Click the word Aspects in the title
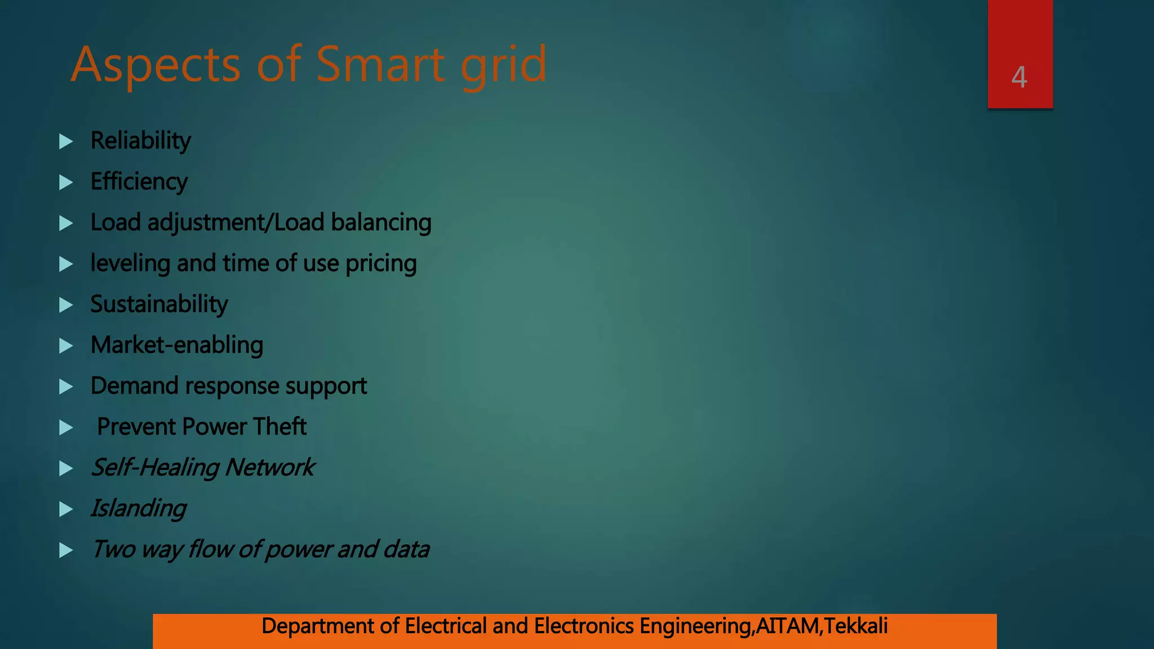[156, 65]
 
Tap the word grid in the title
[503, 65]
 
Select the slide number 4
[1019, 77]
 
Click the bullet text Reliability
[141, 141]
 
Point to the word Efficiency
[139, 182]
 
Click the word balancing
[381, 223]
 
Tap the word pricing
[381, 264]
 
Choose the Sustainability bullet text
[159, 304]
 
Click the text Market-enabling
[177, 345]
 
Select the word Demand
[134, 386]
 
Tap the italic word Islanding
[139, 509]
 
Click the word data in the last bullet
[406, 549]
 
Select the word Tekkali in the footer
[856, 626]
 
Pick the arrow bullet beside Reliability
[66, 141]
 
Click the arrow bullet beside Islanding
[66, 509]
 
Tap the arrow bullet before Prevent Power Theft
[66, 428]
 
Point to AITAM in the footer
[787, 626]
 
